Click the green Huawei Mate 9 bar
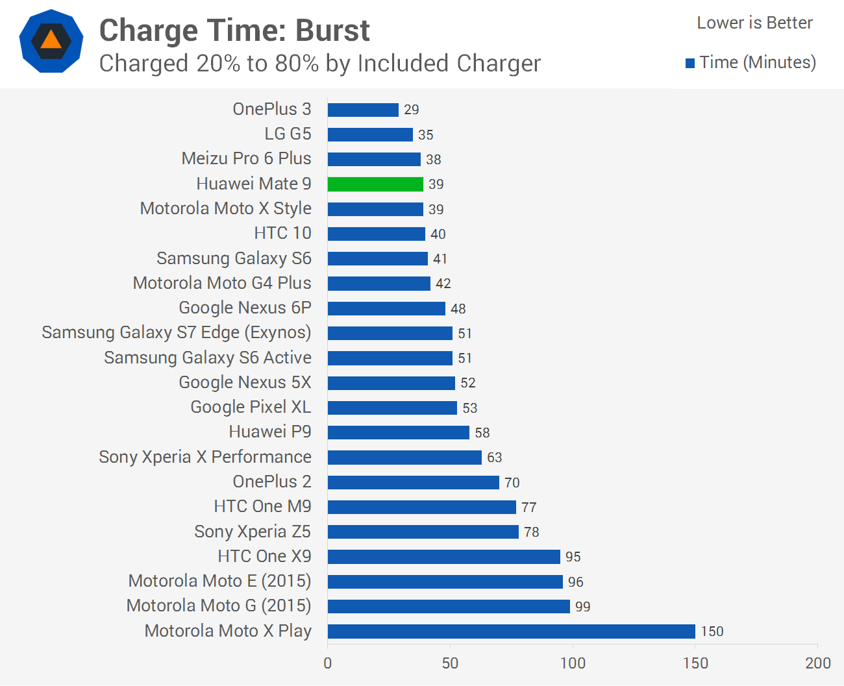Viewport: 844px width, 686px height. pyautogui.click(x=375, y=184)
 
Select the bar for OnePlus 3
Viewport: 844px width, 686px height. pyautogui.click(x=363, y=110)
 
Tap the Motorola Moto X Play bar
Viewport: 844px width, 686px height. pyautogui.click(x=512, y=631)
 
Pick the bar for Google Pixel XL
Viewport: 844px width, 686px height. pyautogui.click(x=392, y=408)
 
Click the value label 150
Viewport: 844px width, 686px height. pyautogui.click(x=712, y=631)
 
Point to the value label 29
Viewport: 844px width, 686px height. pyautogui.click(x=412, y=110)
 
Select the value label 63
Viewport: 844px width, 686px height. pyautogui.click(x=495, y=458)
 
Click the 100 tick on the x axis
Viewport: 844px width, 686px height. pyautogui.click(x=573, y=663)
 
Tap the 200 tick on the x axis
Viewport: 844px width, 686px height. pyautogui.click(x=818, y=663)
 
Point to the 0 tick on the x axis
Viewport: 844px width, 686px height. pyautogui.click(x=328, y=663)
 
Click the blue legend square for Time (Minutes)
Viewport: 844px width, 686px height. pyautogui.click(x=690, y=64)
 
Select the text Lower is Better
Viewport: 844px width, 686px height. pyautogui.click(x=755, y=23)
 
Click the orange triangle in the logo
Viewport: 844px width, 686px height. pyautogui.click(x=51, y=40)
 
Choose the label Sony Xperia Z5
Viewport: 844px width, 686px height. pyautogui.click(x=253, y=532)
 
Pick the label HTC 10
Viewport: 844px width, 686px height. pyautogui.click(x=282, y=233)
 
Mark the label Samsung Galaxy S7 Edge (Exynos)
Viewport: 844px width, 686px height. pyautogui.click(x=177, y=333)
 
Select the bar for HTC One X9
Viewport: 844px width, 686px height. pyautogui.click(x=444, y=557)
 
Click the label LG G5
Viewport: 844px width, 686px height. pyautogui.click(x=288, y=134)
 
